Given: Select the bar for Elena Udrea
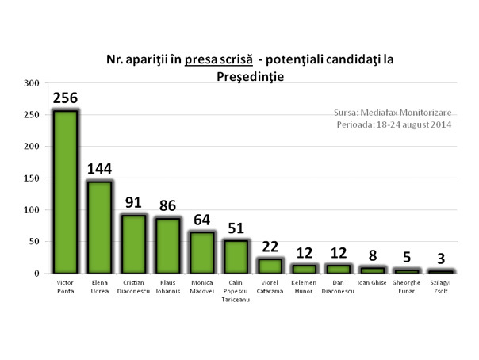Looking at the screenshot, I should (x=99, y=227).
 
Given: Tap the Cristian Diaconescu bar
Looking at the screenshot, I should (x=133, y=243).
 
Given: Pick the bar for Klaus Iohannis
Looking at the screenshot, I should (x=167, y=245).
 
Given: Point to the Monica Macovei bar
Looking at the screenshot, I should (x=201, y=252).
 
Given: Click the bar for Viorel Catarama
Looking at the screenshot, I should (x=270, y=266).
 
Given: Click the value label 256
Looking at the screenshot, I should (x=65, y=98).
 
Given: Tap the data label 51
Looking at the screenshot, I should (x=236, y=228).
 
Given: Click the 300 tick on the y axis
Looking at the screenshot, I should (x=31, y=83).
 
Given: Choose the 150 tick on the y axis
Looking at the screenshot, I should (x=31, y=178).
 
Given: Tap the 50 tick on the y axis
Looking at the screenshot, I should (x=33, y=242).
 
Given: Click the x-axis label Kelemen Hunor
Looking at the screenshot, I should (x=304, y=285).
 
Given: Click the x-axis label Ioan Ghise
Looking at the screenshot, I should (x=372, y=281).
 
